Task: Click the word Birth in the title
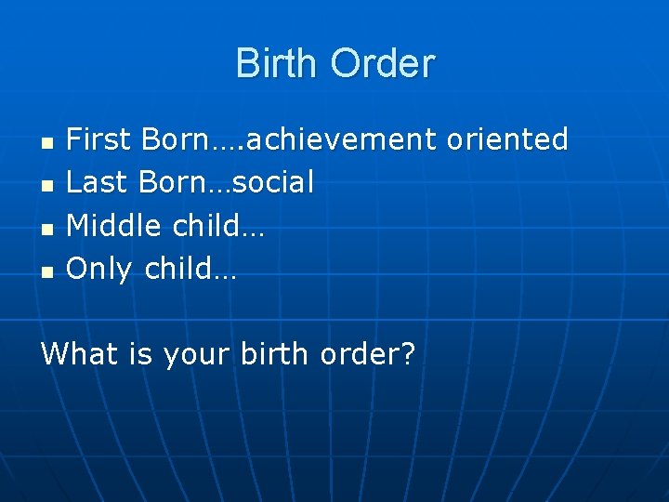[x=278, y=63]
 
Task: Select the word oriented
[x=507, y=139]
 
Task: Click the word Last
[x=98, y=182]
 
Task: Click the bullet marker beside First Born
[x=46, y=143]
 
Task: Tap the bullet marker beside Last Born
[x=46, y=186]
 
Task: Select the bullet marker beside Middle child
[x=46, y=230]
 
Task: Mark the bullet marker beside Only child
[x=46, y=273]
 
